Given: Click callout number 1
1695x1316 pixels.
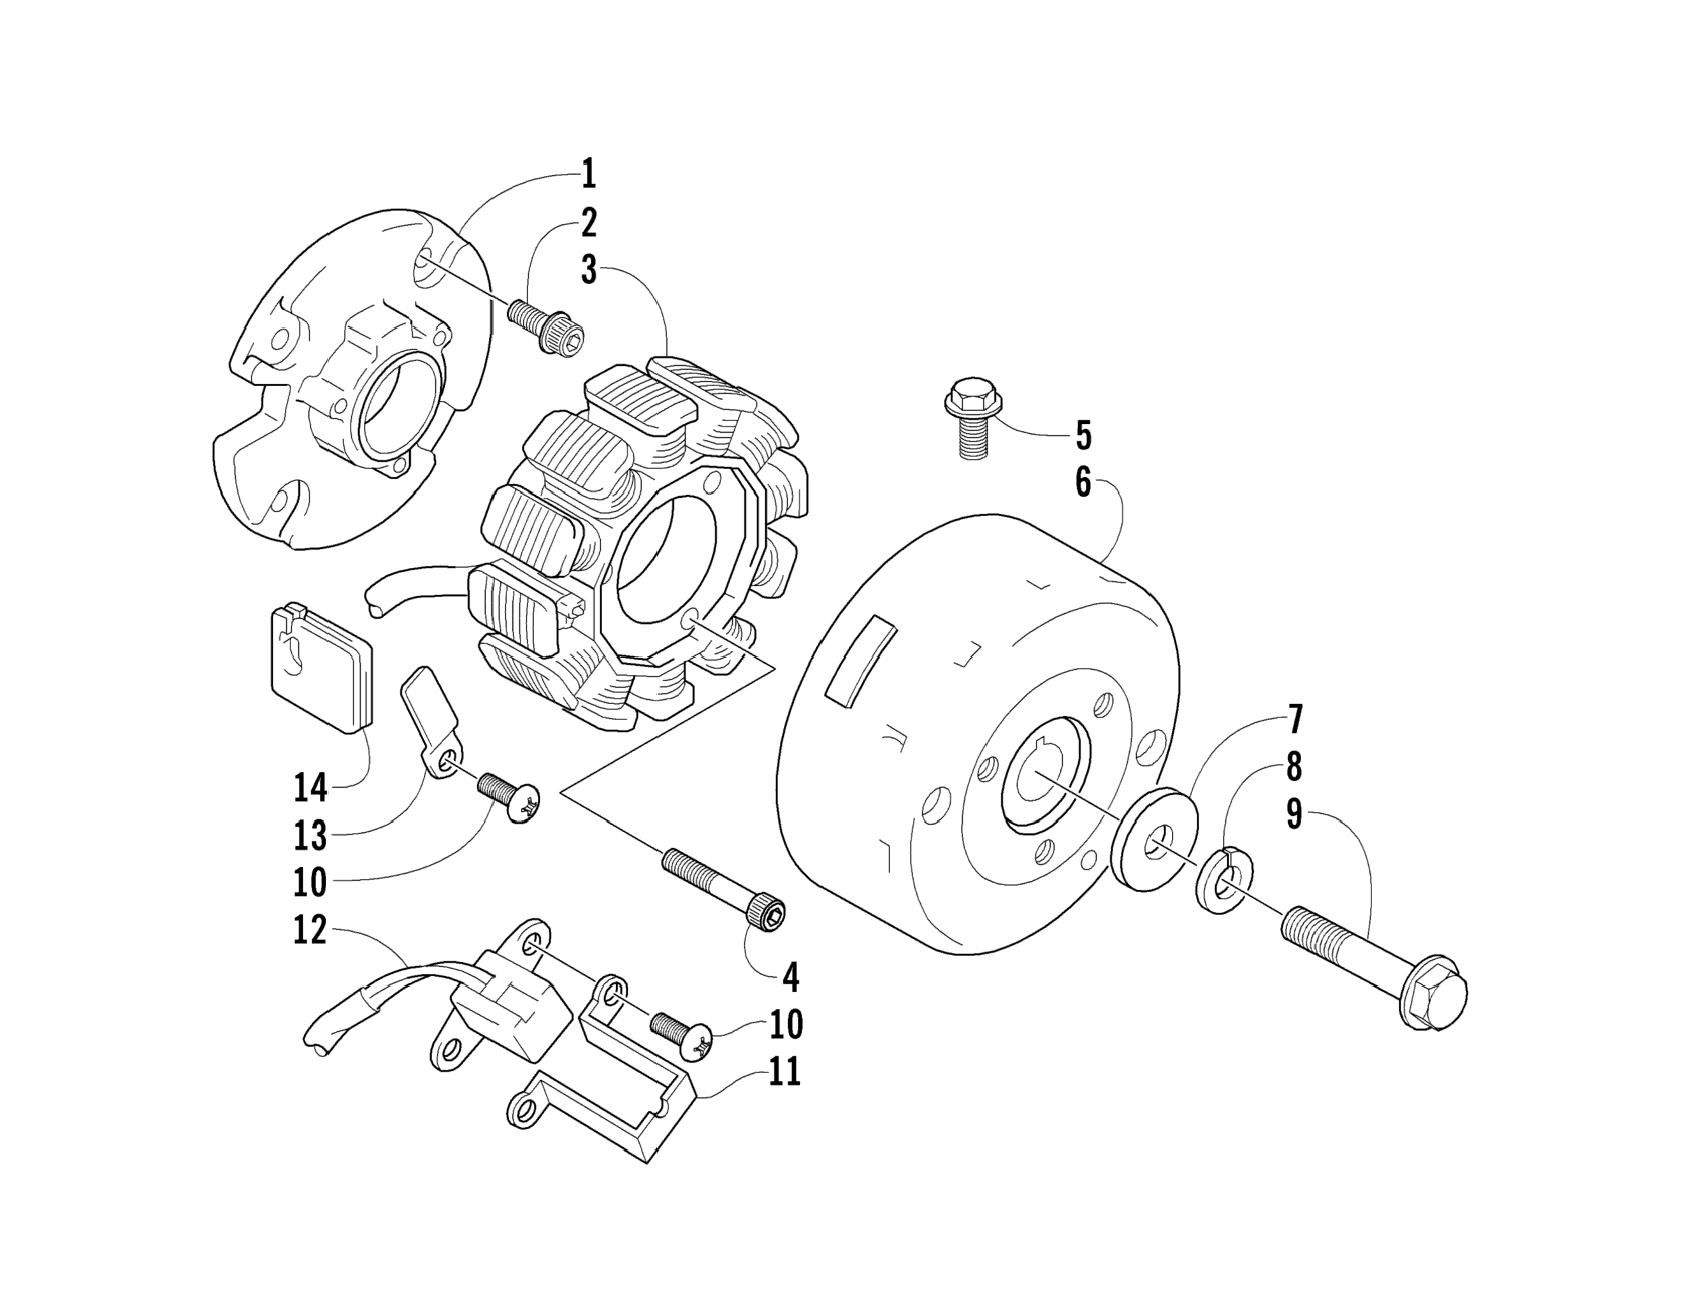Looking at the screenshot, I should pos(588,174).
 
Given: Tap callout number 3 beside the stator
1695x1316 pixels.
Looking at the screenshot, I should pos(589,270).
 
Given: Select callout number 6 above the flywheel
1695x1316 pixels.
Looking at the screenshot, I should pos(1083,483).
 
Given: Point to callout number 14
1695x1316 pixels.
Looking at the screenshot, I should pos(310,788).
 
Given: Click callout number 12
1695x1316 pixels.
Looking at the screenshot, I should pos(310,929).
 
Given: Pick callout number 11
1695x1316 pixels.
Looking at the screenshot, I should pos(784,1073).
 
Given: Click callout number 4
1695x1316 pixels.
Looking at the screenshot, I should pos(790,978).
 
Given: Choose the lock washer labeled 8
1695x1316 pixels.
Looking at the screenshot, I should pos(1225,881).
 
